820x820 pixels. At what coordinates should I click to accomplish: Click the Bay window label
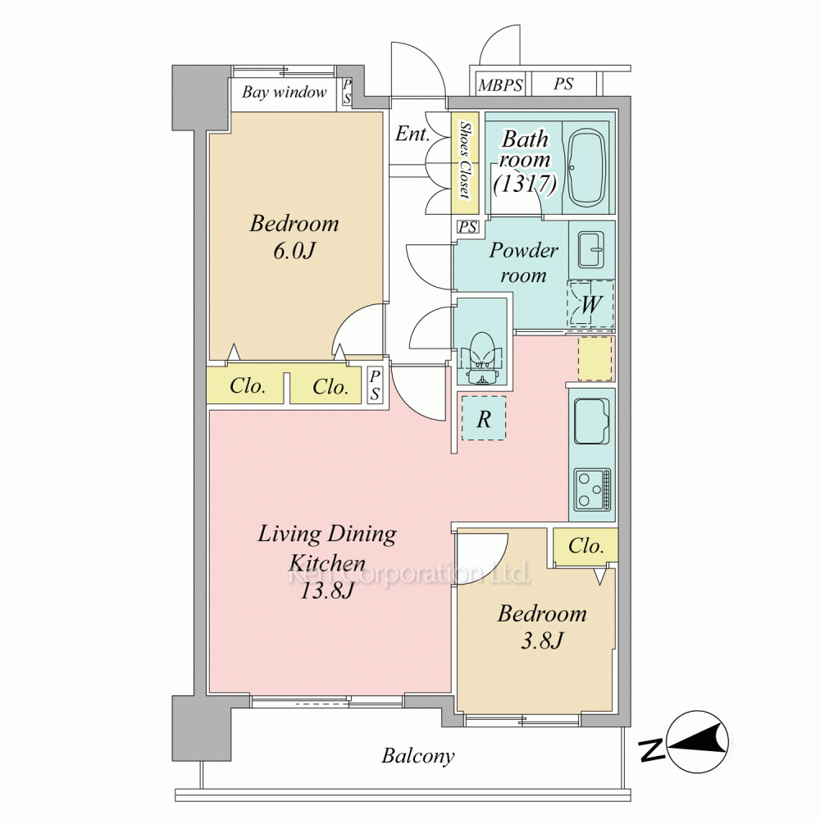coord(284,93)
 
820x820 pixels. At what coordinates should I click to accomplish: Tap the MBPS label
coord(500,84)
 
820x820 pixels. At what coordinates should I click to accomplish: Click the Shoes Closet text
coord(464,160)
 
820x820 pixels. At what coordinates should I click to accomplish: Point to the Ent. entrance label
coord(412,134)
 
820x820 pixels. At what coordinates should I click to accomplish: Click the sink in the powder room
coord(591,250)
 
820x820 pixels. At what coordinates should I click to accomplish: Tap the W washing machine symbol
coord(591,304)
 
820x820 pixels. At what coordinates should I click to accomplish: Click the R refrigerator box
coord(484,418)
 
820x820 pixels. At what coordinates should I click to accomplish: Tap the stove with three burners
coord(592,490)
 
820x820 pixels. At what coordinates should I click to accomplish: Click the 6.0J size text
coord(294,252)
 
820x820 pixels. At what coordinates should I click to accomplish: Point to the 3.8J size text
coord(541,640)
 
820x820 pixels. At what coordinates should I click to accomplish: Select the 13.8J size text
coord(327,591)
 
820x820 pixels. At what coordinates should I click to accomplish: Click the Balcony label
coord(418,756)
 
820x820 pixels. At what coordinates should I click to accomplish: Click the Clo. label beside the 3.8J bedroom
coord(585,546)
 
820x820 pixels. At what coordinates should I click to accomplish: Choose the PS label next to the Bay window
coord(347,92)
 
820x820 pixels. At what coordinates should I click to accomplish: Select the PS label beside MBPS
coord(563,84)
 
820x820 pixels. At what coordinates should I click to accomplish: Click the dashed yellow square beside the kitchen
coord(595,358)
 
